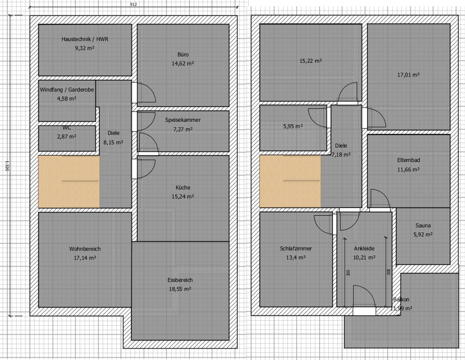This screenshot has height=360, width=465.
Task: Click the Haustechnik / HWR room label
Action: [85, 39]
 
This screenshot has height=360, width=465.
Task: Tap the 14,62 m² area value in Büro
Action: [183, 64]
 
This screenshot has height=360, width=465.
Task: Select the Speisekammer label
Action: [183, 120]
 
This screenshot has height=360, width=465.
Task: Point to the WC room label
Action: [67, 128]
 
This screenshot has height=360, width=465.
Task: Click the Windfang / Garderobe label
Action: [67, 90]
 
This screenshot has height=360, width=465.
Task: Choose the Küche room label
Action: [183, 187]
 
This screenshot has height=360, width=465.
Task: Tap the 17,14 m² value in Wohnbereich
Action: [85, 258]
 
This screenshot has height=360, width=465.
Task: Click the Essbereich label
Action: [180, 280]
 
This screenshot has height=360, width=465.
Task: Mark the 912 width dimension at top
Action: [133, 4]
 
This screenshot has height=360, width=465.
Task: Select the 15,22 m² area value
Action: [311, 61]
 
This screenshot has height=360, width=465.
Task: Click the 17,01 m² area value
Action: [408, 75]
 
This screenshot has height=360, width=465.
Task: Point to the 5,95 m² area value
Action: [293, 126]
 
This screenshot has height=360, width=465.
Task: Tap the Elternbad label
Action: [409, 160]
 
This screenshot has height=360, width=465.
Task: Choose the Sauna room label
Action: [423, 225]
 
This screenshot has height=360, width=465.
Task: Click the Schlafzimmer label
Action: [296, 249]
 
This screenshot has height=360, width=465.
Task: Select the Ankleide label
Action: [364, 249]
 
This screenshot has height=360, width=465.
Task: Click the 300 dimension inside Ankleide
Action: [348, 273]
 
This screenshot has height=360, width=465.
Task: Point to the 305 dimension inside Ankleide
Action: [389, 272]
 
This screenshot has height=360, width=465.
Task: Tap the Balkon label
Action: [401, 299]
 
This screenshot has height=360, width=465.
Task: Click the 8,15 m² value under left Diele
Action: [113, 142]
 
